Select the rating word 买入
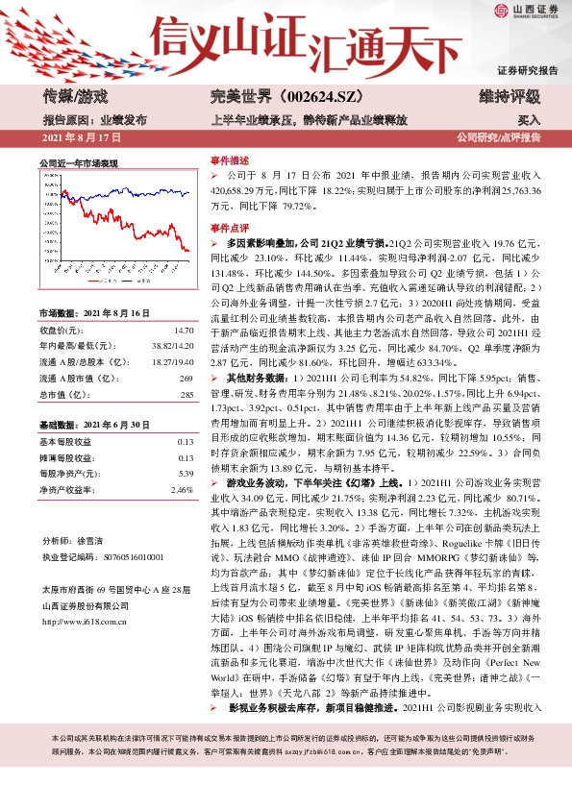click(529, 121)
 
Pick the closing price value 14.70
click(184, 330)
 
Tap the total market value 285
click(187, 395)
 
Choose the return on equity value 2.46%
click(182, 489)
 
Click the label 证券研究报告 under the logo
click(527, 71)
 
